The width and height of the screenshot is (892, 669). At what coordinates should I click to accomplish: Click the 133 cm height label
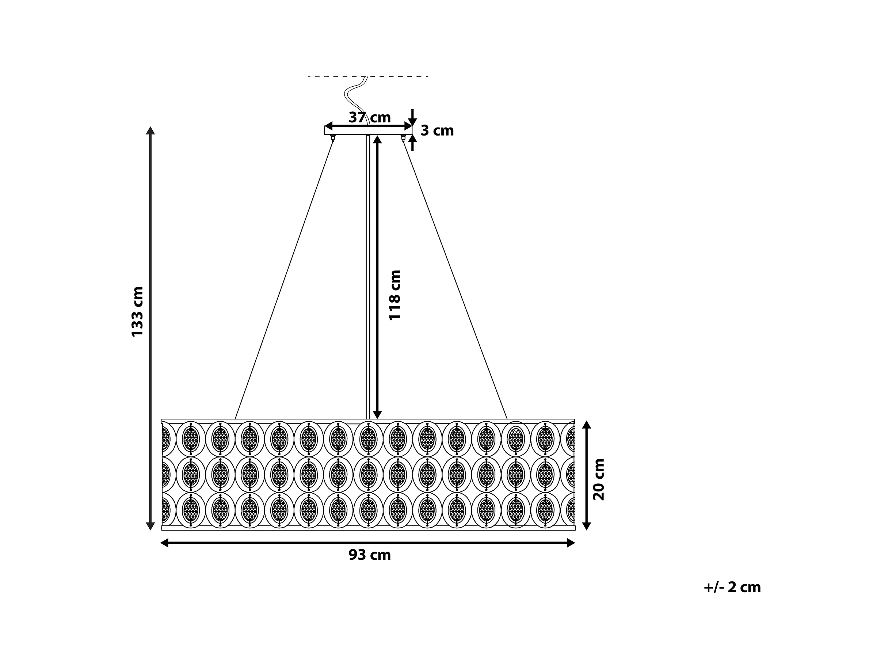tap(137, 311)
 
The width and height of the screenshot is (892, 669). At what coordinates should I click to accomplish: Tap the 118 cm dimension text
tap(395, 295)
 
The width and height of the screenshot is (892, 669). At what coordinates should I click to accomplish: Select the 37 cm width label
tap(369, 117)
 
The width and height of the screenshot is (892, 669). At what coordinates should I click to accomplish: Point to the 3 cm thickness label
tap(437, 131)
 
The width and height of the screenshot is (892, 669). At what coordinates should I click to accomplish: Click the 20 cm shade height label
tap(599, 479)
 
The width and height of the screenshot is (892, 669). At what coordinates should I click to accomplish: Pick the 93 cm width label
tap(369, 555)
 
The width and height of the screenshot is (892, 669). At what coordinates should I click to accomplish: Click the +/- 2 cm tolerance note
tap(732, 587)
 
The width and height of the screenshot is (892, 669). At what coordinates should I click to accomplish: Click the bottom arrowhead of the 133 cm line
tap(150, 526)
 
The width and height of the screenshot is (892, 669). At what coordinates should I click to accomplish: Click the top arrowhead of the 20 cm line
tap(587, 425)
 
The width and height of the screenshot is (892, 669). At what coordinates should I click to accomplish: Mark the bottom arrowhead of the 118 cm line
tap(377, 415)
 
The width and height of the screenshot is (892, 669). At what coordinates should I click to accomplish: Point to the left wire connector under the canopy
tap(333, 138)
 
